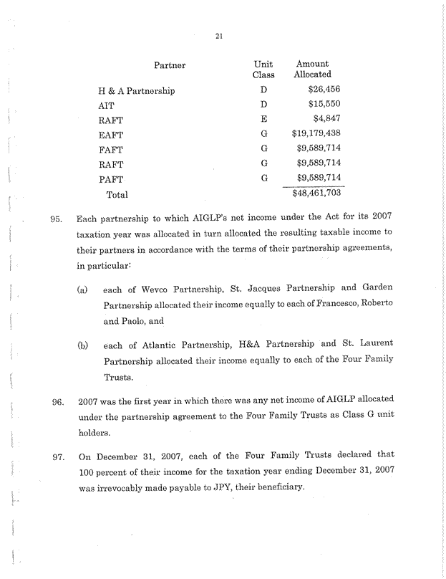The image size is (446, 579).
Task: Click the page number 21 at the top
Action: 219,38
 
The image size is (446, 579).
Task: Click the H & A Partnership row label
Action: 136,92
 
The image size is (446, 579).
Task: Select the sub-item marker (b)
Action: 83,346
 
